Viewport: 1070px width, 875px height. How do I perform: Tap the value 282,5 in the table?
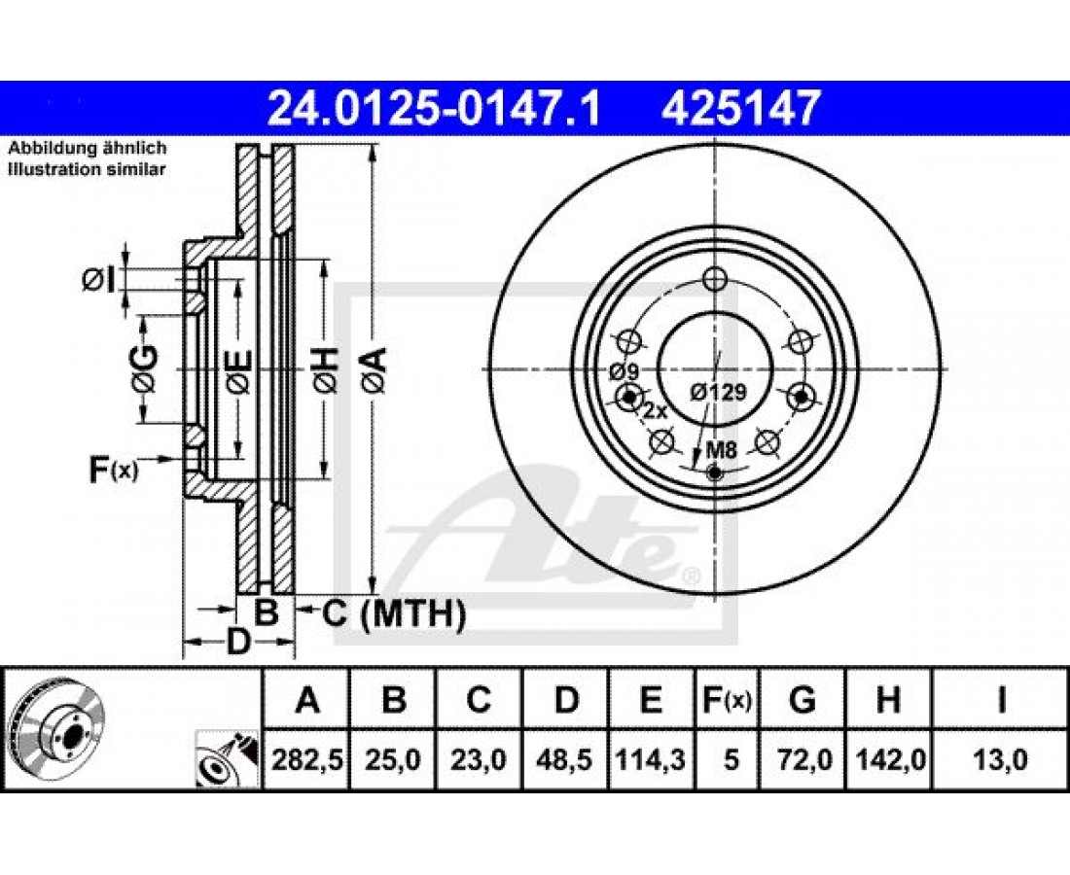[306, 759]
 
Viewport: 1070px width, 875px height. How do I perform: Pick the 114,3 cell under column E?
[651, 759]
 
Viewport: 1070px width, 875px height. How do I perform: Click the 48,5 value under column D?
[565, 759]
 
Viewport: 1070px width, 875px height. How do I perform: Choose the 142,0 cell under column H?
[888, 759]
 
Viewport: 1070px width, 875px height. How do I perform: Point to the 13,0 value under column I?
[1000, 759]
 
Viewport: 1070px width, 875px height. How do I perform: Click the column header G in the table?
[802, 700]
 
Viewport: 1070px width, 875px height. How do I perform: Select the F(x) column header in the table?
[728, 700]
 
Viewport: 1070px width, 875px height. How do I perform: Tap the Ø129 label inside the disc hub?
[718, 392]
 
